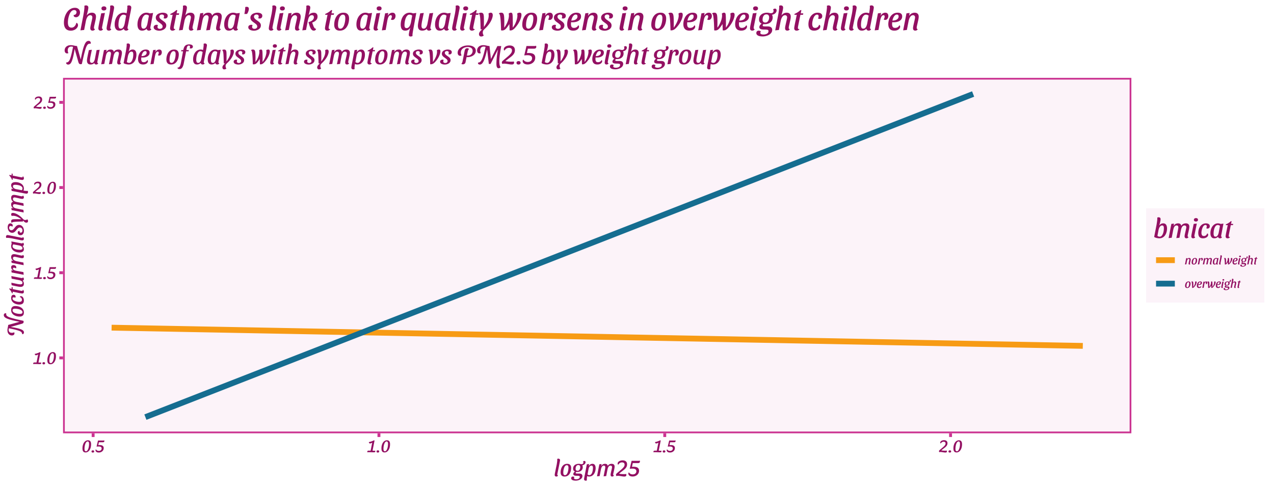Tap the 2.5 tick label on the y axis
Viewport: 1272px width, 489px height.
44,103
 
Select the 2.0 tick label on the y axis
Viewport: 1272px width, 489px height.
44,188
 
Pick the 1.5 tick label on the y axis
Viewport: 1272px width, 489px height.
44,273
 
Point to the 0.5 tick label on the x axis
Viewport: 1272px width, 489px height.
93,447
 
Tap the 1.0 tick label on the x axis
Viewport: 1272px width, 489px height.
378,447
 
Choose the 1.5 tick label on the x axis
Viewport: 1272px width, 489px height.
664,447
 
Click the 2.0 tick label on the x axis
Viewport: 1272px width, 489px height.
950,447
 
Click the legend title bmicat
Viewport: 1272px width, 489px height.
1193,229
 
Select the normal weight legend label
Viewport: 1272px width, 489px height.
1221,260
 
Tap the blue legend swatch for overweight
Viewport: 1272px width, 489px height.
1165,283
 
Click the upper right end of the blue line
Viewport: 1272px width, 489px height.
973,94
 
